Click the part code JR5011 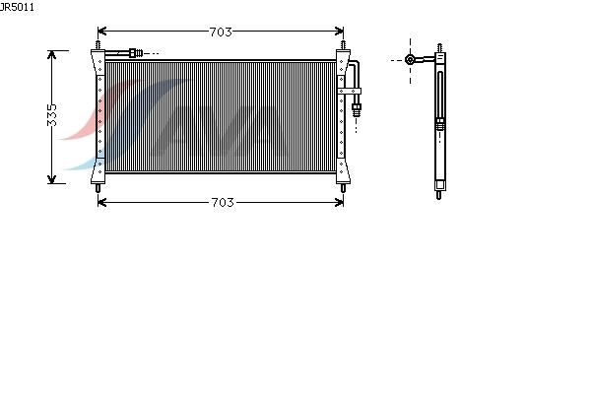pyautogui.click(x=17, y=7)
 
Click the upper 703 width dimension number pyautogui.click(x=221, y=33)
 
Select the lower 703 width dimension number pyautogui.click(x=223, y=203)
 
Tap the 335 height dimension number pyautogui.click(x=52, y=115)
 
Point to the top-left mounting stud pyautogui.click(x=98, y=45)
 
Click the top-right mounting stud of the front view pyautogui.click(x=343, y=45)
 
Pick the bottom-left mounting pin pyautogui.click(x=98, y=188)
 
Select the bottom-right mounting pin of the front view pyautogui.click(x=343, y=188)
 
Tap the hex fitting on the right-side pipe pyautogui.click(x=357, y=110)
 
